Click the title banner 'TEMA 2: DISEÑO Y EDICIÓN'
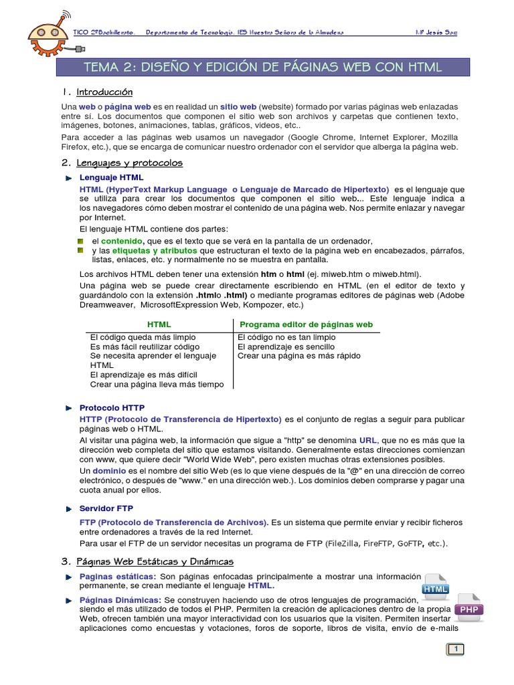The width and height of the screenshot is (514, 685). click(x=262, y=67)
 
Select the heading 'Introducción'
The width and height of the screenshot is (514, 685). click(x=104, y=92)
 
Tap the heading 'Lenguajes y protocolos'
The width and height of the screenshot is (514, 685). click(x=129, y=163)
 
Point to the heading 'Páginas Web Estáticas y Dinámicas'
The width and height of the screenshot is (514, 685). click(x=155, y=561)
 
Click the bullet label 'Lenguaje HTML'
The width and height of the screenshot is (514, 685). click(x=111, y=177)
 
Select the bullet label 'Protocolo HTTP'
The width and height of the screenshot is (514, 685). click(x=112, y=407)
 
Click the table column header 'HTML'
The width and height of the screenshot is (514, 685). click(x=159, y=324)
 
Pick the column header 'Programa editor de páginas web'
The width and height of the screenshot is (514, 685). click(x=306, y=324)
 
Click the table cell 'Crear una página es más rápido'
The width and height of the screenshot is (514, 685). click(x=299, y=356)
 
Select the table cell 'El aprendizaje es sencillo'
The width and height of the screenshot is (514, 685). click(x=286, y=347)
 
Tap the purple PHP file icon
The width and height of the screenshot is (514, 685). click(x=469, y=607)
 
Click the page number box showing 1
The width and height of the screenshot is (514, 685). click(x=456, y=649)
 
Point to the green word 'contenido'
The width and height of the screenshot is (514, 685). click(x=122, y=241)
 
